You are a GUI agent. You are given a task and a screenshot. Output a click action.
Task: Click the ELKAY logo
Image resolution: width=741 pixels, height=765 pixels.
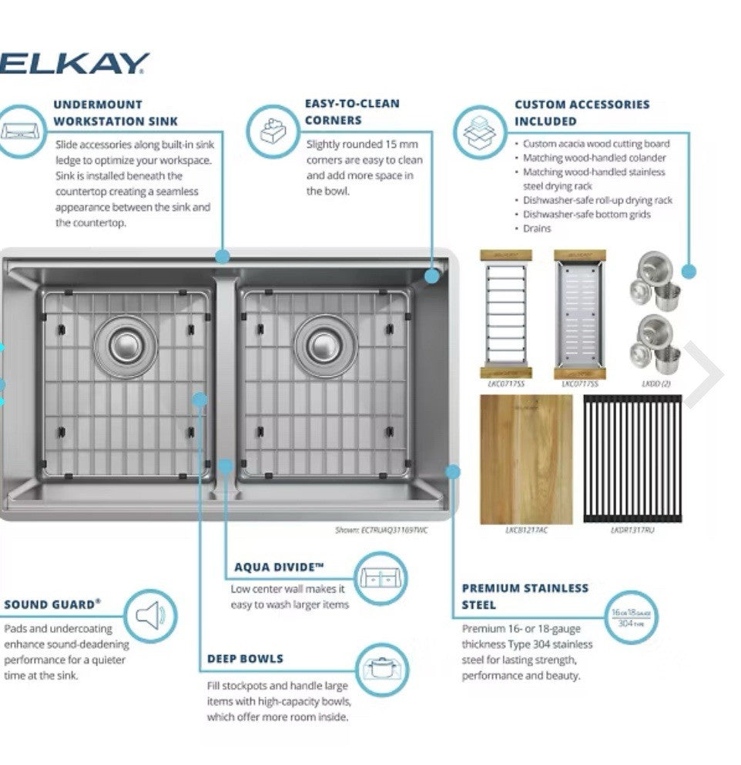75,64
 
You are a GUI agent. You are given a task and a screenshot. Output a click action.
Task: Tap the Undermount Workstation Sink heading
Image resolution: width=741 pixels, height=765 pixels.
116,112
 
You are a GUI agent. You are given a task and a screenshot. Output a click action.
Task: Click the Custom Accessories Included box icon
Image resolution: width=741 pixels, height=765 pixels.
478,130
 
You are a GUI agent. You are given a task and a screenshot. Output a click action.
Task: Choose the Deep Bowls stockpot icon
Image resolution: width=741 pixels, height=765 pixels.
381,667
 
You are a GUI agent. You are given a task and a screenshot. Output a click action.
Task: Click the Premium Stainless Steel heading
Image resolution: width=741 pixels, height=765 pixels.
525,596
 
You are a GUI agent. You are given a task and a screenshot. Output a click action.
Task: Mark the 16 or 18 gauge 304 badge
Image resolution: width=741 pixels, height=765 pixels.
632,617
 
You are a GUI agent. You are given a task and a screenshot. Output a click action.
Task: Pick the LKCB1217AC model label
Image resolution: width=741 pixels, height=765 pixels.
526,530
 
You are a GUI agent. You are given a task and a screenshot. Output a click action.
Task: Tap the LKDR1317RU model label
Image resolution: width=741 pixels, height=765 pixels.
632,530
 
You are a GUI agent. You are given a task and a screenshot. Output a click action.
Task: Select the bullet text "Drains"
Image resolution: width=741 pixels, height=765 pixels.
537,229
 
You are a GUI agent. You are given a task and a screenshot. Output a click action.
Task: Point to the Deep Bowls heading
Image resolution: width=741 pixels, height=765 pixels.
245,659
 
